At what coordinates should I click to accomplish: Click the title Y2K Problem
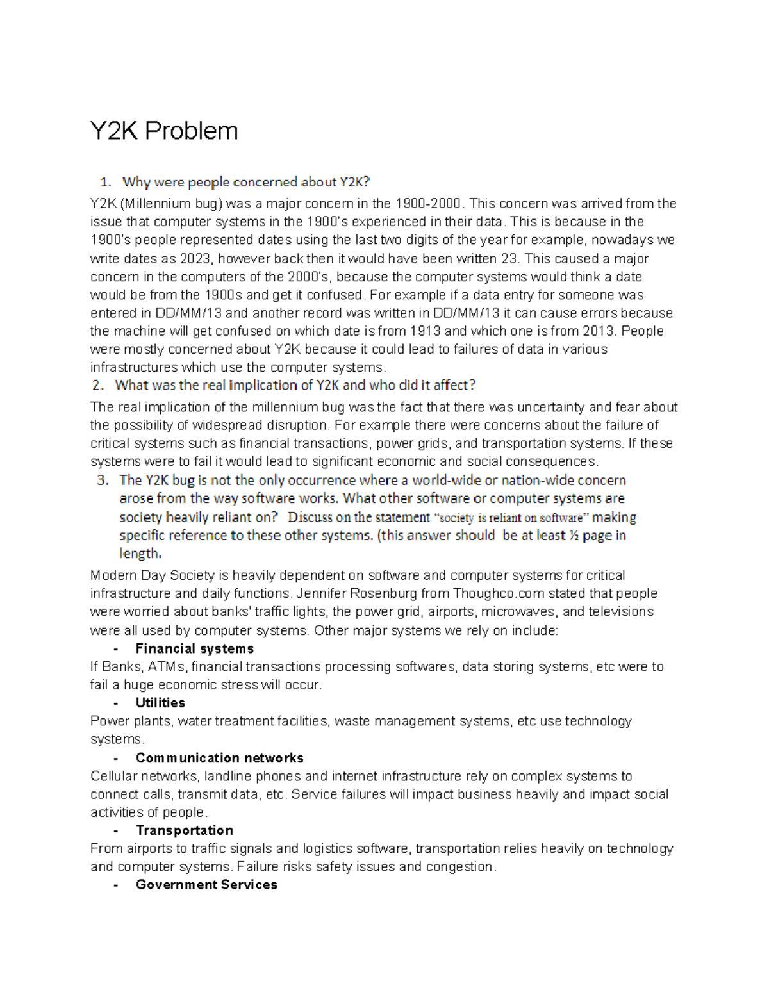click(164, 131)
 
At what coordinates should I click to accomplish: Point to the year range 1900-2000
click(428, 204)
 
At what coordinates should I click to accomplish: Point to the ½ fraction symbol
click(574, 536)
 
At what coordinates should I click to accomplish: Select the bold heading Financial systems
click(195, 649)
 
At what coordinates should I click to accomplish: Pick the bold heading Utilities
click(160, 703)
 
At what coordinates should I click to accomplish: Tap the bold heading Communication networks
click(219, 758)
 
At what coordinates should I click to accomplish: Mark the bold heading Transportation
click(185, 830)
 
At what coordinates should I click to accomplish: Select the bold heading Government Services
click(206, 885)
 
